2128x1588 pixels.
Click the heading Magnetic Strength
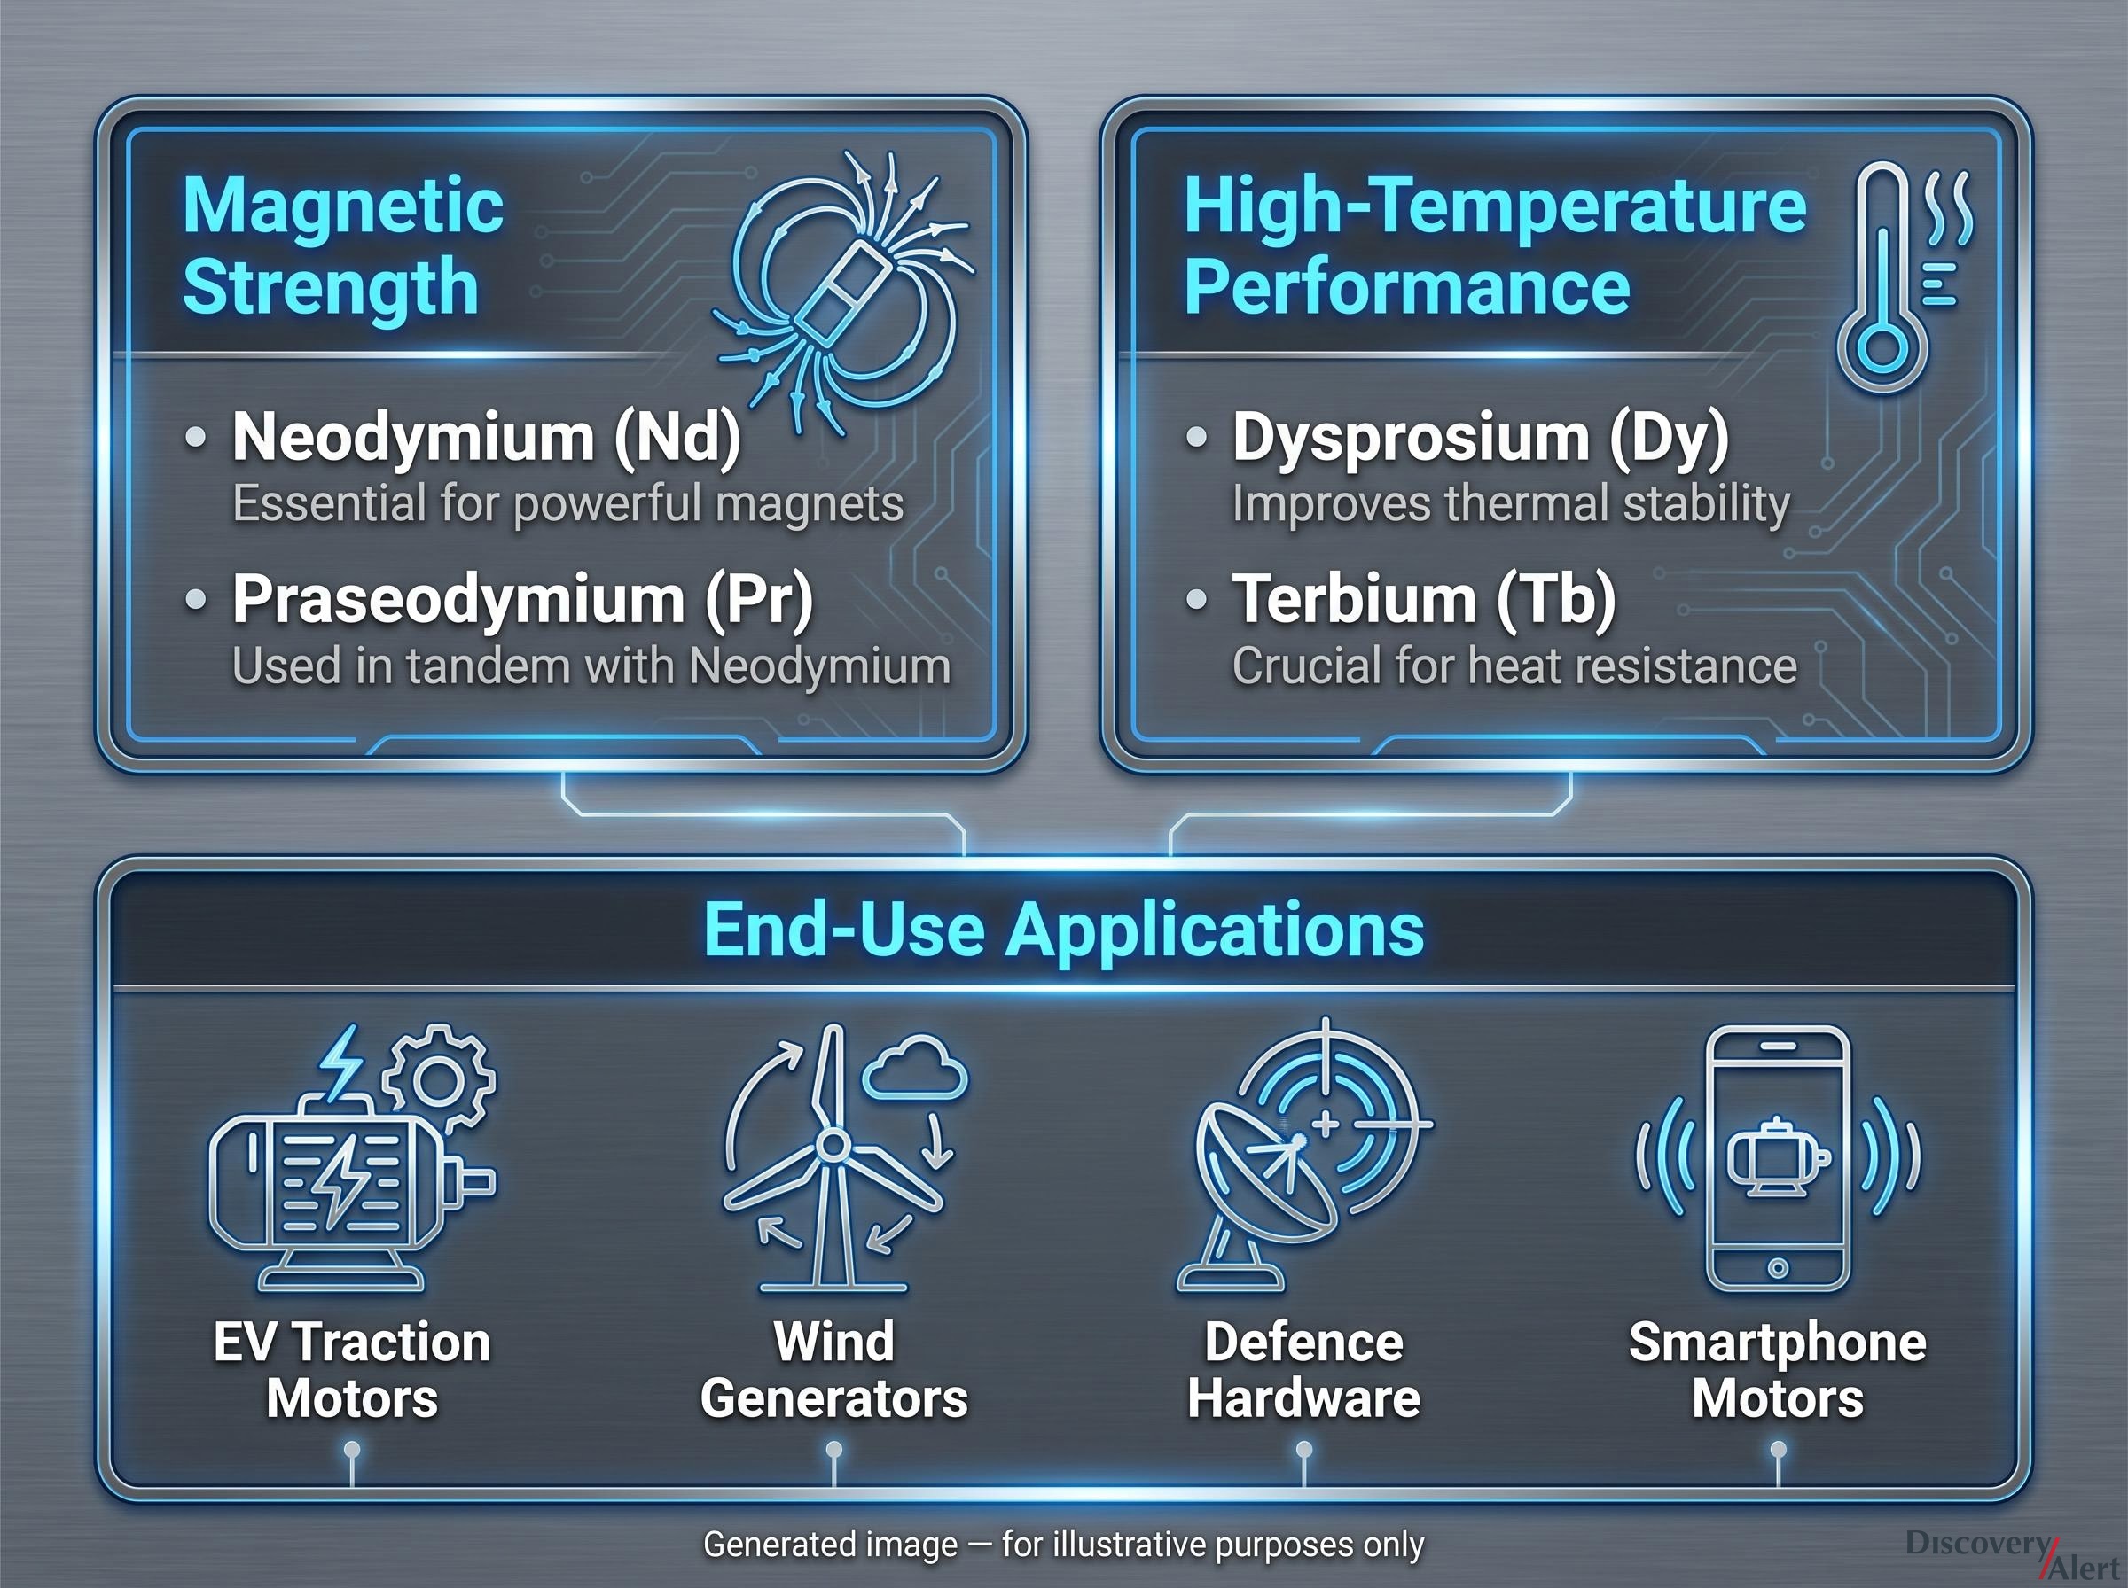(343, 246)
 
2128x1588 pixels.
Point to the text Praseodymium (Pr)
(523, 599)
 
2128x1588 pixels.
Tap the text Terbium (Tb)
(1424, 599)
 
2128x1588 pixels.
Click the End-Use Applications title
(1063, 930)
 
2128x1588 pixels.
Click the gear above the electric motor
(439, 1079)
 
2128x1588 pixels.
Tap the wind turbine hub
(832, 1145)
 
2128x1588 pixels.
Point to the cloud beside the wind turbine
(914, 1066)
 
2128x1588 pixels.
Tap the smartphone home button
(1778, 1268)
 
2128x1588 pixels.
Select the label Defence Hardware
(1304, 1370)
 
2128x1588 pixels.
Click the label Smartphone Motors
(1778, 1370)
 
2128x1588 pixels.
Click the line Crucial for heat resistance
(1514, 666)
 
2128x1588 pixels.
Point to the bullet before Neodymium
(195, 438)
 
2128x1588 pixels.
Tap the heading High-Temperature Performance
(1495, 246)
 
